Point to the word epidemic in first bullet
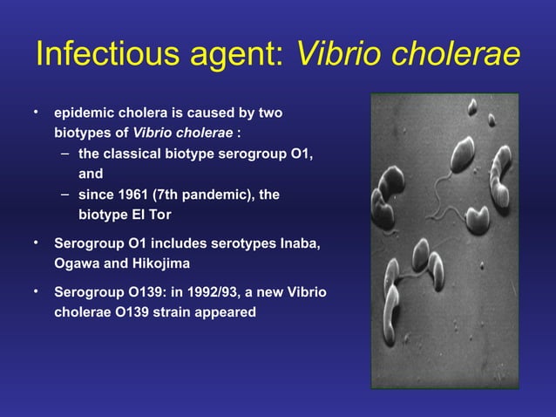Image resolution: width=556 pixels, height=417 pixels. click(x=84, y=114)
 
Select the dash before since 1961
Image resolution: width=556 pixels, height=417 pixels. click(x=65, y=193)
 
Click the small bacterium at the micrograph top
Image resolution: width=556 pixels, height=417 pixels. click(x=472, y=106)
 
